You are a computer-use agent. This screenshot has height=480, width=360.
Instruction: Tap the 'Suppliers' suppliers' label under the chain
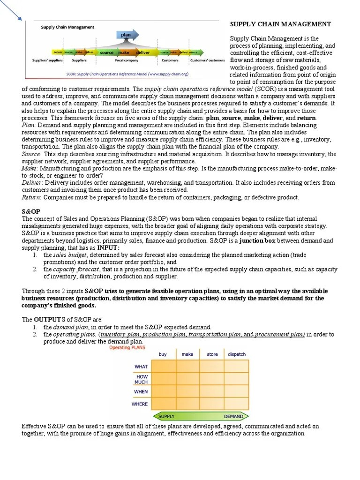[47, 60]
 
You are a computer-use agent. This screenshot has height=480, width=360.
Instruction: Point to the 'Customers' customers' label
[208, 60]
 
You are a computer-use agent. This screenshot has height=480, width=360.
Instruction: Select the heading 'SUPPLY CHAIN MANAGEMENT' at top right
[280, 24]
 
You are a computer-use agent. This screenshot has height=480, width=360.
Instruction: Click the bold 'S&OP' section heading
[31, 212]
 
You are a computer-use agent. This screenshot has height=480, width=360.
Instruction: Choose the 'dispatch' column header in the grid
[237, 354]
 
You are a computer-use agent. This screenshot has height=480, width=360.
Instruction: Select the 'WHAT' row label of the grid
[141, 367]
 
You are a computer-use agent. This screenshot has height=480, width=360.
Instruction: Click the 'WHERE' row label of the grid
[140, 404]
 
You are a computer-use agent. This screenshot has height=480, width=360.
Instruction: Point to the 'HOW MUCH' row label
[142, 379]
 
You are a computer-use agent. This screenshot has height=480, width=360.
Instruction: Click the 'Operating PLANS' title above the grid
[127, 347]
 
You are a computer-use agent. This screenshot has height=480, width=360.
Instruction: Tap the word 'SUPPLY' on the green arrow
[166, 416]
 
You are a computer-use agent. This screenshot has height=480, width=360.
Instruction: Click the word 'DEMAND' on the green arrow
[233, 416]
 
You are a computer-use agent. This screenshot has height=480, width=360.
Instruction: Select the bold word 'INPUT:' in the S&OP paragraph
[108, 247]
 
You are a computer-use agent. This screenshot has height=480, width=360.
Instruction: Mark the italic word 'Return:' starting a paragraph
[31, 197]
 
